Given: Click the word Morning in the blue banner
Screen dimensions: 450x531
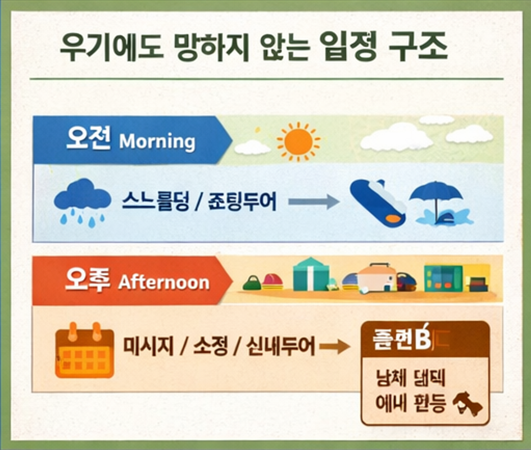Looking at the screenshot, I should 157,142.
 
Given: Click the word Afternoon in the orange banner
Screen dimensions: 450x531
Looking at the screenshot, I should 164,282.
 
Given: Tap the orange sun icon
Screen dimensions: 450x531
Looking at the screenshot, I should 298,140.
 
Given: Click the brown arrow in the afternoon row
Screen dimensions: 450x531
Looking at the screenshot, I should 334,347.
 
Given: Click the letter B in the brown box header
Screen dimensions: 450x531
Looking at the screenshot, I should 421,340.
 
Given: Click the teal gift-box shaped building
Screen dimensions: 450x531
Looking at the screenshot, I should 310,274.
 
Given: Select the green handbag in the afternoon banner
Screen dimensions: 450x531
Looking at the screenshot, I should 251,283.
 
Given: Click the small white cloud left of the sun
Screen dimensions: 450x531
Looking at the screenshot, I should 252,147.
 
